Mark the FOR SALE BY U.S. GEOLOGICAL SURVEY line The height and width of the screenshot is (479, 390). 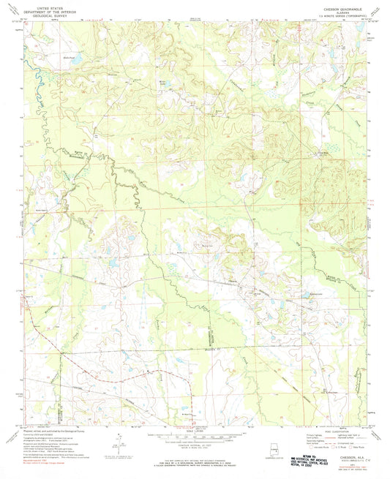[x=195, y=462]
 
